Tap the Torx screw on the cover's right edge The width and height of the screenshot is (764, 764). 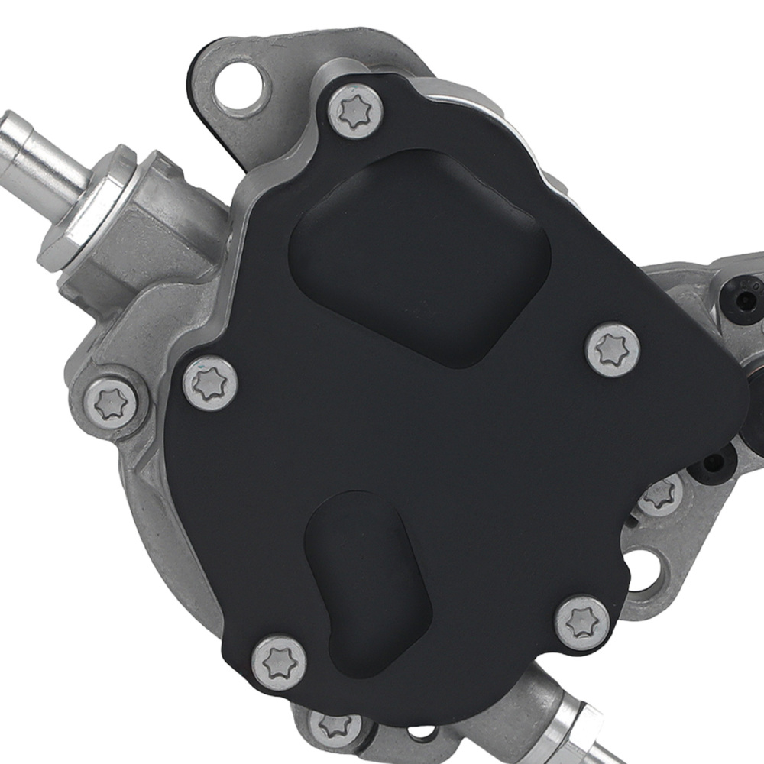pos(612,350)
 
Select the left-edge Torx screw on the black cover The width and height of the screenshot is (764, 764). pos(210,383)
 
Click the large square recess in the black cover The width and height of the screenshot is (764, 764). pos(420,256)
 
